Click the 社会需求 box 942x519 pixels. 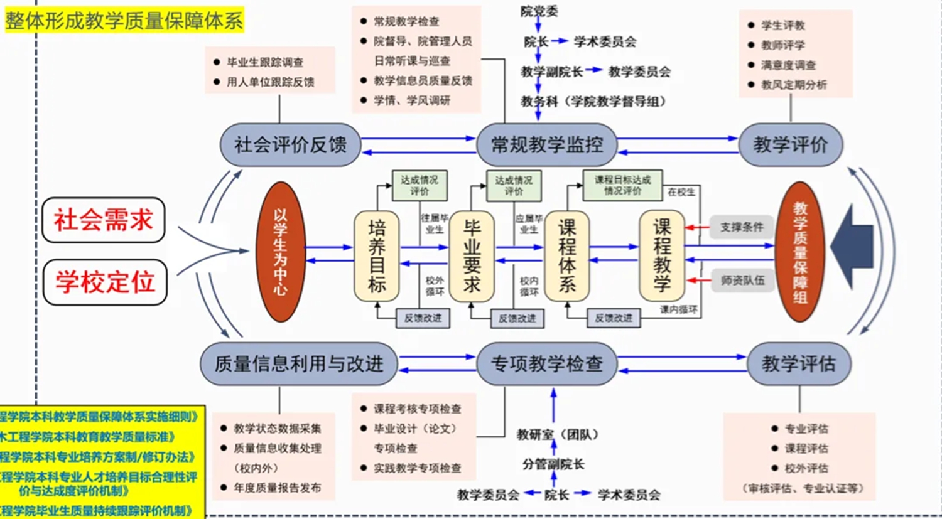(104, 220)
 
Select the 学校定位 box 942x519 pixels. (105, 282)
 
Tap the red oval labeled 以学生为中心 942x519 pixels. (281, 252)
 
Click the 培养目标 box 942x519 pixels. (377, 256)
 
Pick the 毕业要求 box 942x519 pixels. (472, 256)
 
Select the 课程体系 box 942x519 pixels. (566, 256)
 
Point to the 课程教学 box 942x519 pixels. (662, 256)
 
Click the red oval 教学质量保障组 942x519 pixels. (799, 252)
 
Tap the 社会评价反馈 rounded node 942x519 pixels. (290, 145)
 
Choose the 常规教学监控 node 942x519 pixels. (546, 145)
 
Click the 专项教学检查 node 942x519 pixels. (546, 363)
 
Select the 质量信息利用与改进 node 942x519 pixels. (298, 363)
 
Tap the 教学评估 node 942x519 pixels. (799, 363)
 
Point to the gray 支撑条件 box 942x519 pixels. (742, 227)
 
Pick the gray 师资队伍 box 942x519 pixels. (742, 281)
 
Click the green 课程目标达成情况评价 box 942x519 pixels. (622, 185)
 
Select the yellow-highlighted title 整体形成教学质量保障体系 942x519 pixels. (124, 21)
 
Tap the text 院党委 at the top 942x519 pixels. (539, 11)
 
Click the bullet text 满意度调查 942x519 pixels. (788, 65)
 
